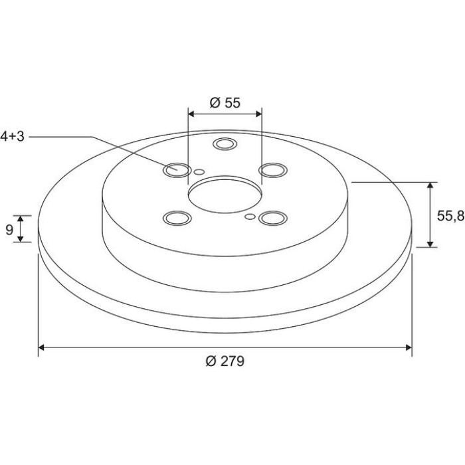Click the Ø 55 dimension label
click(225, 103)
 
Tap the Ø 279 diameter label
click(225, 361)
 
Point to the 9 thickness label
click(9, 229)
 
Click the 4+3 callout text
click(12, 136)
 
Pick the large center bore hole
click(225, 195)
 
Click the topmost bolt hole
click(225, 144)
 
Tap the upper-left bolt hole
click(177, 170)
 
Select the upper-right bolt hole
click(273, 170)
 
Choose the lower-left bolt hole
click(177, 219)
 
